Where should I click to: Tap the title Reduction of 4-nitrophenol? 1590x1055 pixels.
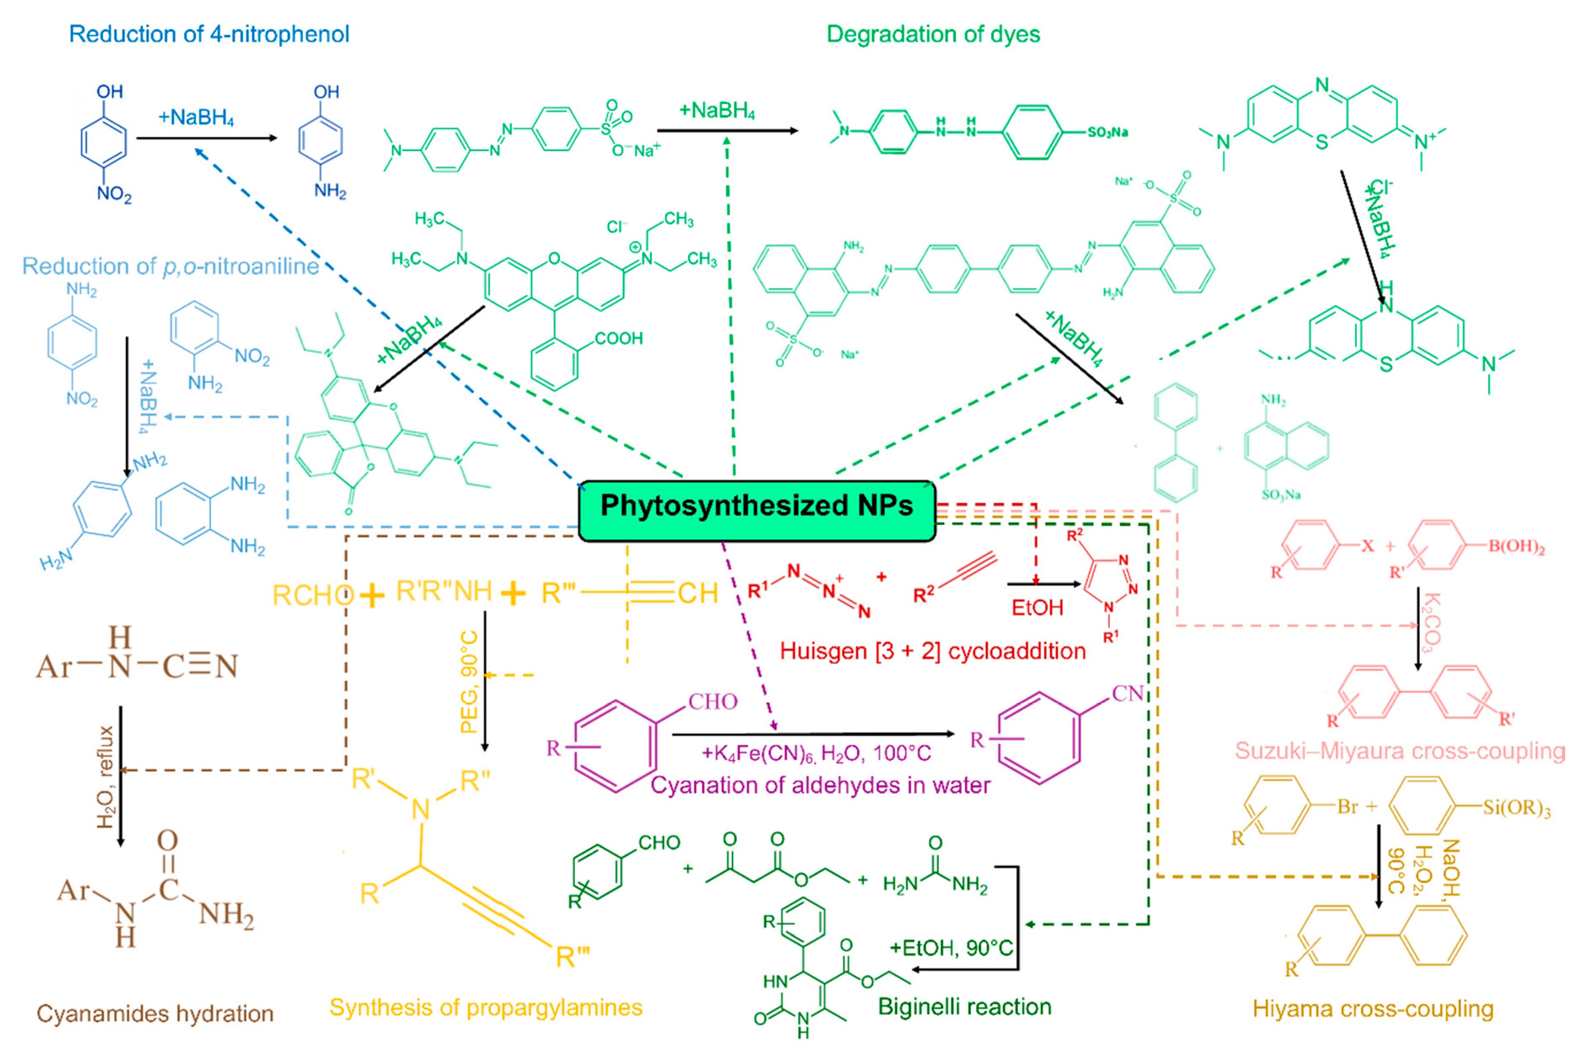(x=209, y=35)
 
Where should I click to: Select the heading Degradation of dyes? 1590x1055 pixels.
(x=933, y=35)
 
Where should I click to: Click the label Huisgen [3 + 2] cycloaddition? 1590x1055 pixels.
(x=933, y=651)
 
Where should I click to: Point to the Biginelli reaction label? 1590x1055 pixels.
(x=964, y=1007)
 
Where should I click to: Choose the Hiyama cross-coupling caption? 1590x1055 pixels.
(x=1373, y=1009)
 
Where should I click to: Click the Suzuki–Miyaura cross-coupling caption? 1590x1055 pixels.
(x=1400, y=751)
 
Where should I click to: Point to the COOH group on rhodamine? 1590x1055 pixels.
(x=619, y=338)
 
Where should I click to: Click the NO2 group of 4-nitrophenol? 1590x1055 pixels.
(x=114, y=194)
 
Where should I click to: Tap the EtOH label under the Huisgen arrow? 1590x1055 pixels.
(x=1037, y=608)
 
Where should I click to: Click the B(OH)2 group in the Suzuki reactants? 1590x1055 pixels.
(x=1515, y=546)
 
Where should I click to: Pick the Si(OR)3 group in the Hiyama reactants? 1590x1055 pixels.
(x=1517, y=808)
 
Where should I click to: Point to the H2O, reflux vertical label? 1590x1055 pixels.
(x=106, y=777)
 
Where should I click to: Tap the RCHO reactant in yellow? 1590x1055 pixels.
(x=312, y=595)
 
